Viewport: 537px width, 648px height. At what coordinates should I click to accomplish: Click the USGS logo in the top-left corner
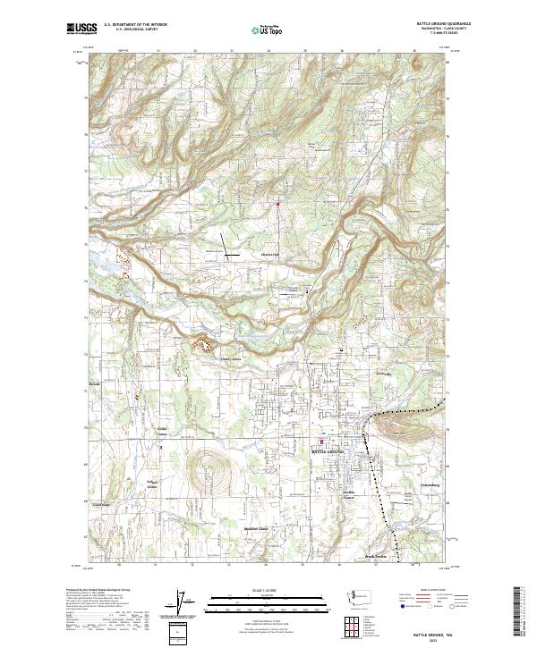tap(80, 29)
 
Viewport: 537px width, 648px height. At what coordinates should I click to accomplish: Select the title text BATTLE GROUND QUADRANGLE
tap(441, 24)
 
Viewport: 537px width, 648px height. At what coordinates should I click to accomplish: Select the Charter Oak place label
tap(270, 254)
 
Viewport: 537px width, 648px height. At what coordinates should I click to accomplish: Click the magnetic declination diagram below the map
tap(185, 602)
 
